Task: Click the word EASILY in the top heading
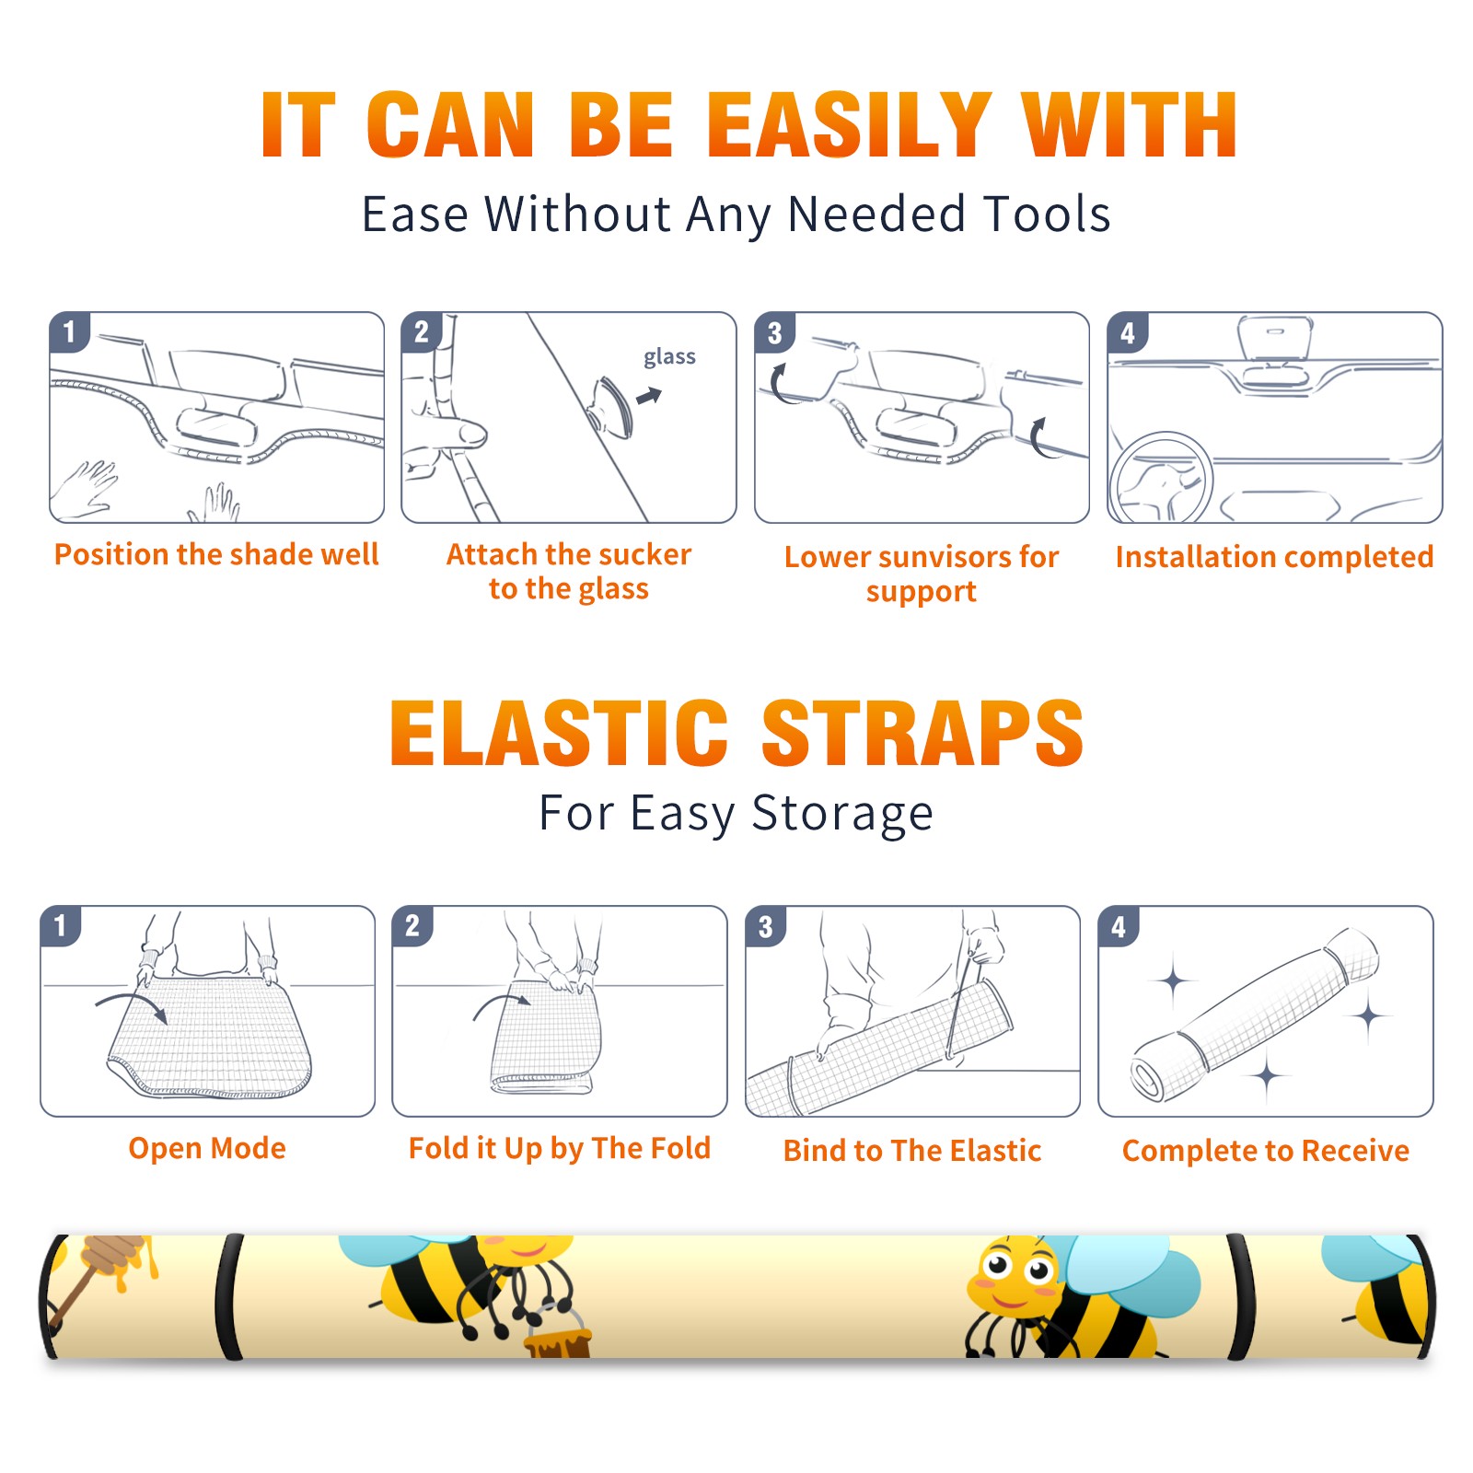pos(850,125)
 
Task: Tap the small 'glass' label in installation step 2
pos(669,357)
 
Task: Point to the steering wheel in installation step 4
pos(1161,477)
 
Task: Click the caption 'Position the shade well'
pos(216,554)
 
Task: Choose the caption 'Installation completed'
pos(1274,557)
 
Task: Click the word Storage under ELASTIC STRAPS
pos(842,814)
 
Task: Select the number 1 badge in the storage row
pos(61,926)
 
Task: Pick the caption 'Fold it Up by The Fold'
pos(560,1148)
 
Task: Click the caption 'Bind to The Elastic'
pos(912,1151)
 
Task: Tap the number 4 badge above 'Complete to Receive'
pos(1119,926)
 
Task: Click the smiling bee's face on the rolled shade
pos(1013,1277)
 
